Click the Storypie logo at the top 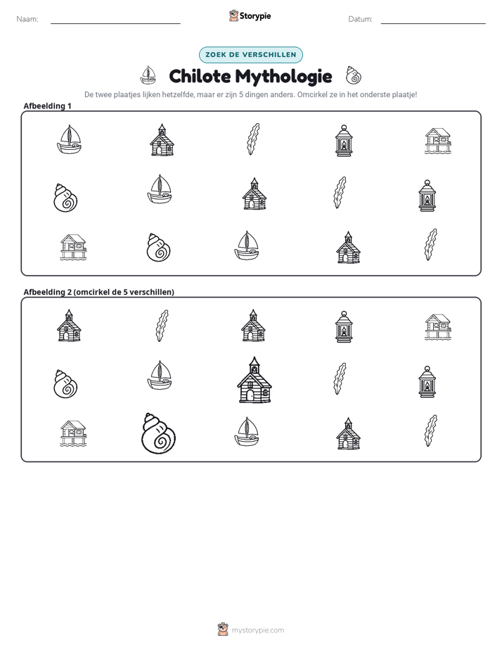click(250, 15)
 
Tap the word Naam click(27, 19)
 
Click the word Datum click(360, 19)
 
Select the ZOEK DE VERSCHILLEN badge click(250, 55)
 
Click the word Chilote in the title click(200, 76)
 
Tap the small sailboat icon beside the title click(148, 75)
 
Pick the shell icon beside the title click(354, 75)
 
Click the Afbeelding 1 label click(47, 106)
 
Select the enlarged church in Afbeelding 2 click(255, 380)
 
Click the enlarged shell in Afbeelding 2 click(158, 433)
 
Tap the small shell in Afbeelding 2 click(65, 383)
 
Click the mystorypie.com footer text click(257, 630)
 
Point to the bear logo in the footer click(223, 630)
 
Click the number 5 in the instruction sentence click(241, 94)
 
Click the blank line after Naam click(115, 23)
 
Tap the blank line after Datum click(433, 23)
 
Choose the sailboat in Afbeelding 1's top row click(69, 140)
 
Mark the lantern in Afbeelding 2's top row click(344, 326)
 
